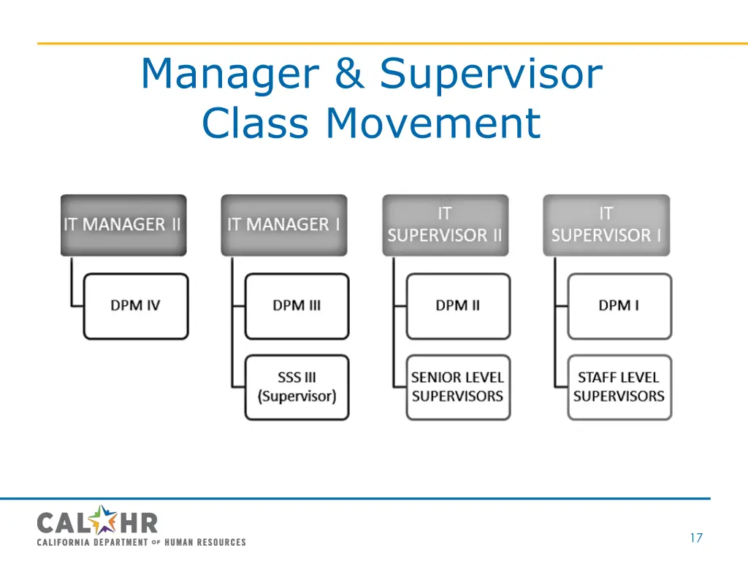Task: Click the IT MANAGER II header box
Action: (123, 225)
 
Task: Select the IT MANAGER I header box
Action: (284, 225)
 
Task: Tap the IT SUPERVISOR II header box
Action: (445, 225)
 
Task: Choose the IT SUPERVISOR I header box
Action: (606, 225)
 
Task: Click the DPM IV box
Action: (136, 306)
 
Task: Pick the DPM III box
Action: (297, 306)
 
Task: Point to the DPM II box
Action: (458, 306)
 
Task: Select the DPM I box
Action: (619, 306)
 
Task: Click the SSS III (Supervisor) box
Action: (297, 387)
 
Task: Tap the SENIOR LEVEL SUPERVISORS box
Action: (458, 387)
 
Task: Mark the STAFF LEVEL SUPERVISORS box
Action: (619, 387)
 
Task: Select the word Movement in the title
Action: (433, 123)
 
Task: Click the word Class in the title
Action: (255, 123)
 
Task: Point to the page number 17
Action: (695, 538)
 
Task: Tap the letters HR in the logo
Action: (138, 523)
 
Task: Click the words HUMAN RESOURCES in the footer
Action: (205, 542)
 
